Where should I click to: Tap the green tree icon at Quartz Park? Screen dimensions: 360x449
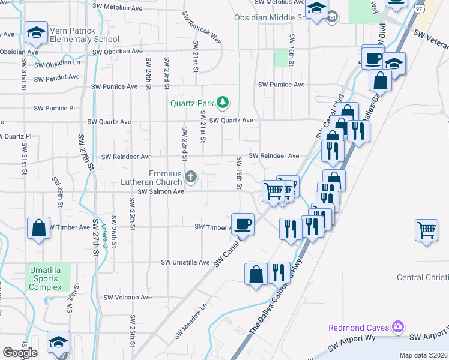(x=223, y=102)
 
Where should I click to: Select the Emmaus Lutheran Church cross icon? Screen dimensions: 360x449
(x=191, y=176)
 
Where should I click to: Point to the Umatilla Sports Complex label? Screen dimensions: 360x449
(x=45, y=278)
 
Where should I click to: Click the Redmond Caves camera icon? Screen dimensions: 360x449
(x=397, y=327)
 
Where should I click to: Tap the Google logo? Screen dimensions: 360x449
(x=20, y=353)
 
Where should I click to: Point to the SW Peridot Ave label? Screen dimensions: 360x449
(x=56, y=78)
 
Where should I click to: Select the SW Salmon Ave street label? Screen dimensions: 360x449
(x=161, y=191)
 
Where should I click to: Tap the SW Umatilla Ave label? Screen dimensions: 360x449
(x=185, y=262)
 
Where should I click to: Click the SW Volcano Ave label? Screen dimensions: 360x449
(x=128, y=297)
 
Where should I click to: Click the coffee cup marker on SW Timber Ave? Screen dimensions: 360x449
(x=243, y=224)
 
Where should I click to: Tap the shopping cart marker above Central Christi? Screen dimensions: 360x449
(x=426, y=230)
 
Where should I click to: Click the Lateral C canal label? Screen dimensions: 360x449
(x=104, y=236)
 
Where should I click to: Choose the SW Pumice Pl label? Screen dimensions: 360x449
(x=55, y=108)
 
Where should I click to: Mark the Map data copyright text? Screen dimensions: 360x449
(x=423, y=355)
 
